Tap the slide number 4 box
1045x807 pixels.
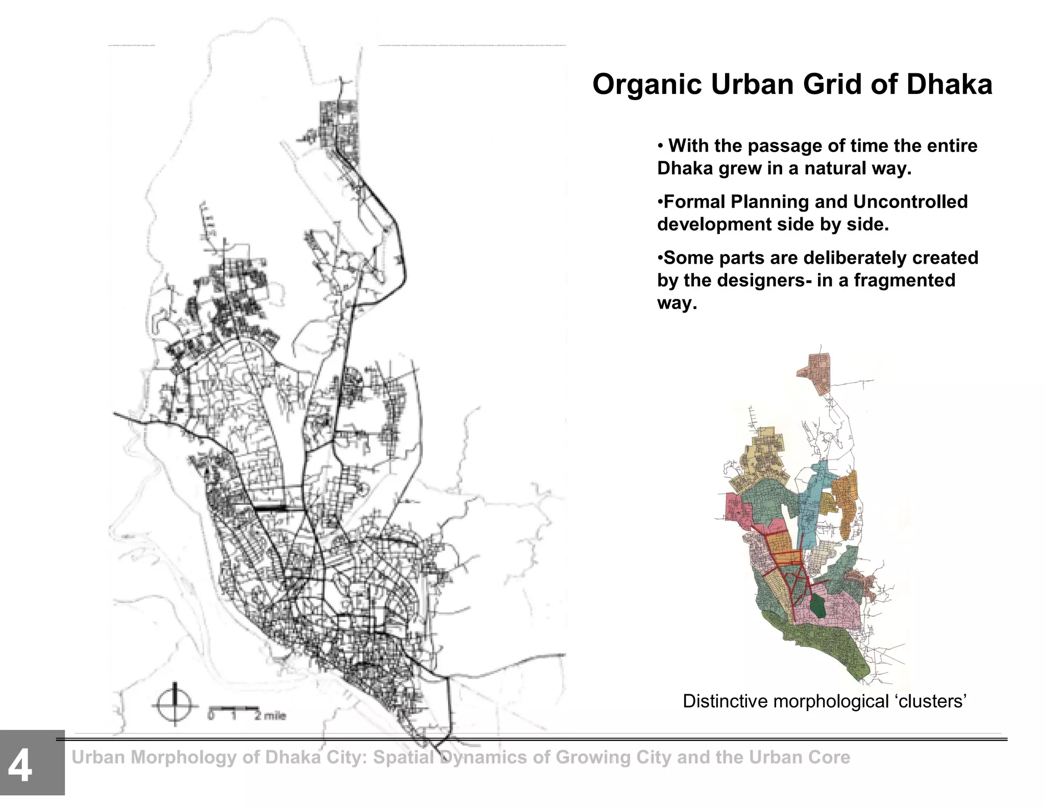coord(32,762)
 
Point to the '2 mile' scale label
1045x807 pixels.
coord(270,716)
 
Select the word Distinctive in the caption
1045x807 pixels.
coord(726,701)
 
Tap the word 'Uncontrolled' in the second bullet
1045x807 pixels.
coord(910,201)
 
